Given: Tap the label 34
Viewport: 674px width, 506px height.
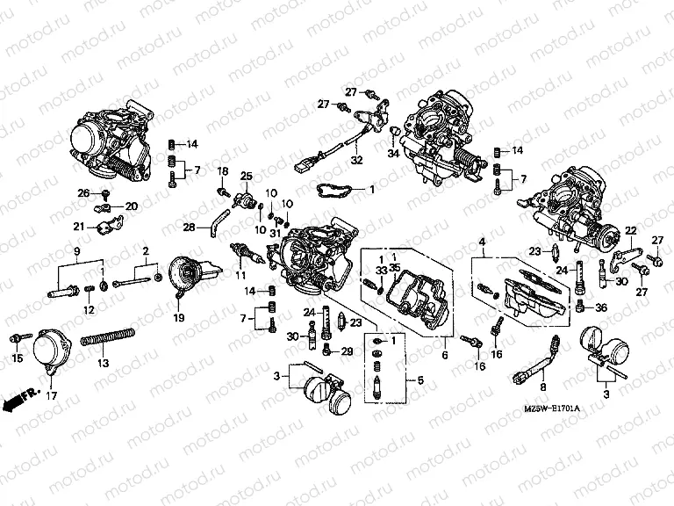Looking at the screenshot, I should pos(392,155).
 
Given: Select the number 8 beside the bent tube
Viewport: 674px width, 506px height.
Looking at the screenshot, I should pos(543,385).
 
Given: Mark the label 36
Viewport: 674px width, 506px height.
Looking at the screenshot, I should pos(601,307).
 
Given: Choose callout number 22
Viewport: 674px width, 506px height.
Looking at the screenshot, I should pos(629,230).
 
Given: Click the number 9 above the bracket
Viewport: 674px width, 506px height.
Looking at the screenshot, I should pos(77,251).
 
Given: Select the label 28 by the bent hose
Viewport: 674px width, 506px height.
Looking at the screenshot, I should pos(189,228).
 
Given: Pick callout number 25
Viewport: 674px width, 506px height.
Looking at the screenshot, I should pos(247,176).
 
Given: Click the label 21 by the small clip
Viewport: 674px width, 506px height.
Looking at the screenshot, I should pos(79,227).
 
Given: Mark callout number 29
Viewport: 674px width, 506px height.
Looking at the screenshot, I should pos(347,351).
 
